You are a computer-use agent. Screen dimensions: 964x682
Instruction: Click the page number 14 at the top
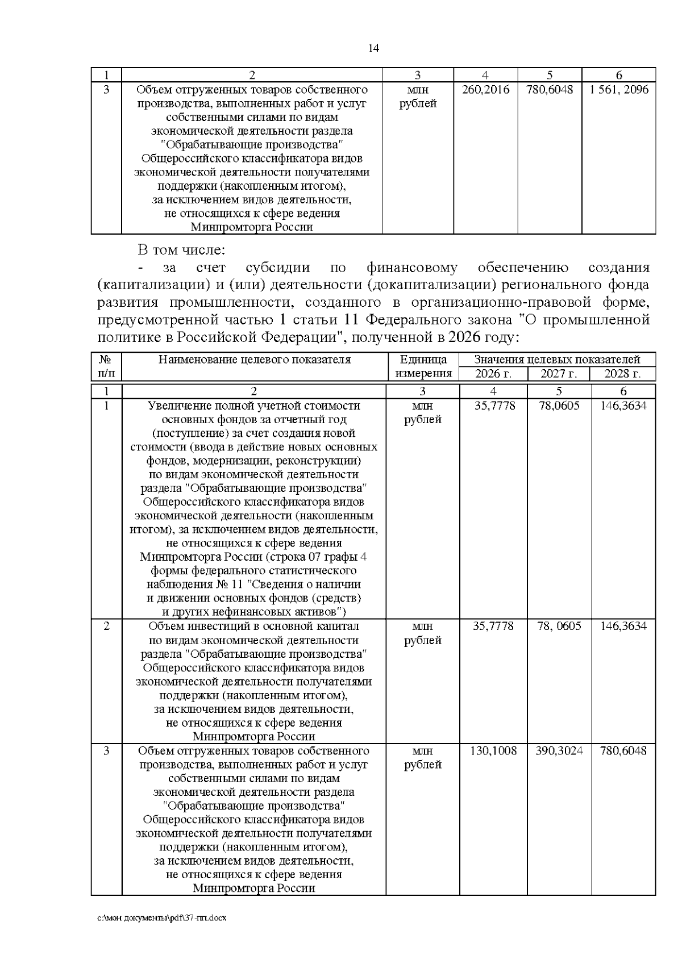[x=373, y=48]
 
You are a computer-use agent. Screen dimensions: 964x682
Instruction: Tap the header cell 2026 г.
[x=493, y=374]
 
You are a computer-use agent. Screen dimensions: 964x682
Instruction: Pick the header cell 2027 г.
[x=559, y=374]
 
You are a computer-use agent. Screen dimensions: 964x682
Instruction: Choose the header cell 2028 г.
[x=622, y=374]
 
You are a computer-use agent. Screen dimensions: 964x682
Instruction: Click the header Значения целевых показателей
[x=557, y=360]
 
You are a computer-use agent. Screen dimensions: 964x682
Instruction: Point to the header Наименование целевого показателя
[x=254, y=360]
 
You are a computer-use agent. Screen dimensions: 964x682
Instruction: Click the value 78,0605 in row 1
[x=559, y=406]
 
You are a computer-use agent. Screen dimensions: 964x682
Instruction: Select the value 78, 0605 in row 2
[x=559, y=627]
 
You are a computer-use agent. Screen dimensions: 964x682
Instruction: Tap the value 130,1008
[x=493, y=751]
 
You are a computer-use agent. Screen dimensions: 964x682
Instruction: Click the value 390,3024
[x=559, y=751]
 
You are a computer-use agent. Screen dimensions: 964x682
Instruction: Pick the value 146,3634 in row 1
[x=623, y=406]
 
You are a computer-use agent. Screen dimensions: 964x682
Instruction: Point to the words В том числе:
[x=182, y=250]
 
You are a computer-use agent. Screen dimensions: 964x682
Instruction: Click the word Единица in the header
[x=423, y=360]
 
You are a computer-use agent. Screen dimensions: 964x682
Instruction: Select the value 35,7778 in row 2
[x=493, y=627]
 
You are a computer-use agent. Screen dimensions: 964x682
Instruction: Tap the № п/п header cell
[x=106, y=366]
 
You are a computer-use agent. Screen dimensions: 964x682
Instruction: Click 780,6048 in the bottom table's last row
[x=623, y=751]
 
